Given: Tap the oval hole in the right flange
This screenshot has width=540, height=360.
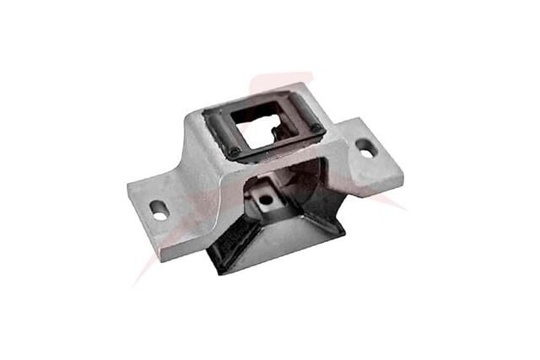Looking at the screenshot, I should (366, 147).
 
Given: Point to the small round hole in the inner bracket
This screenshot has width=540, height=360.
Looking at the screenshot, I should (266, 200).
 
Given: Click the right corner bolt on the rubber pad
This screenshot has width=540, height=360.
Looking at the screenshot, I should (316, 129).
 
